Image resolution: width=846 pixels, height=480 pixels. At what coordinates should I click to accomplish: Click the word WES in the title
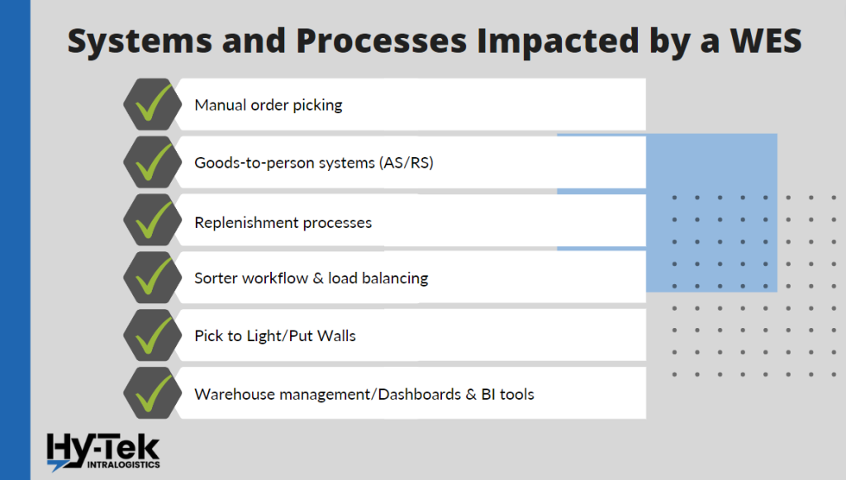[x=766, y=40]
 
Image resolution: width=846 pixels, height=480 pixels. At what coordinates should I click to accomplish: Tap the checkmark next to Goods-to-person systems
[x=153, y=161]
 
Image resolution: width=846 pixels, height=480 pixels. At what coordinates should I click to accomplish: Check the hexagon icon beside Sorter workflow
[x=153, y=278]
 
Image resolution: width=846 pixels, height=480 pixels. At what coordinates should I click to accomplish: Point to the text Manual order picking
[x=269, y=105]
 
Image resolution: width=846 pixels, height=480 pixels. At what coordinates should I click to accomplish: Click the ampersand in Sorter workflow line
[x=318, y=278]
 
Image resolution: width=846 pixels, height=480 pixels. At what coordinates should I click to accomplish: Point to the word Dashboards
[x=419, y=394]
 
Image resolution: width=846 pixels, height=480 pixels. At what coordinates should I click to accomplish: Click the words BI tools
[x=508, y=394]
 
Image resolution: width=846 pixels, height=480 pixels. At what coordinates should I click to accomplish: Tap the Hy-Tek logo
[x=103, y=452]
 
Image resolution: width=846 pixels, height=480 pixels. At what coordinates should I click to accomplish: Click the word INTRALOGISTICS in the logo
[x=124, y=464]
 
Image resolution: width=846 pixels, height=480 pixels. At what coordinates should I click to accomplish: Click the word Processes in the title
[x=381, y=41]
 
